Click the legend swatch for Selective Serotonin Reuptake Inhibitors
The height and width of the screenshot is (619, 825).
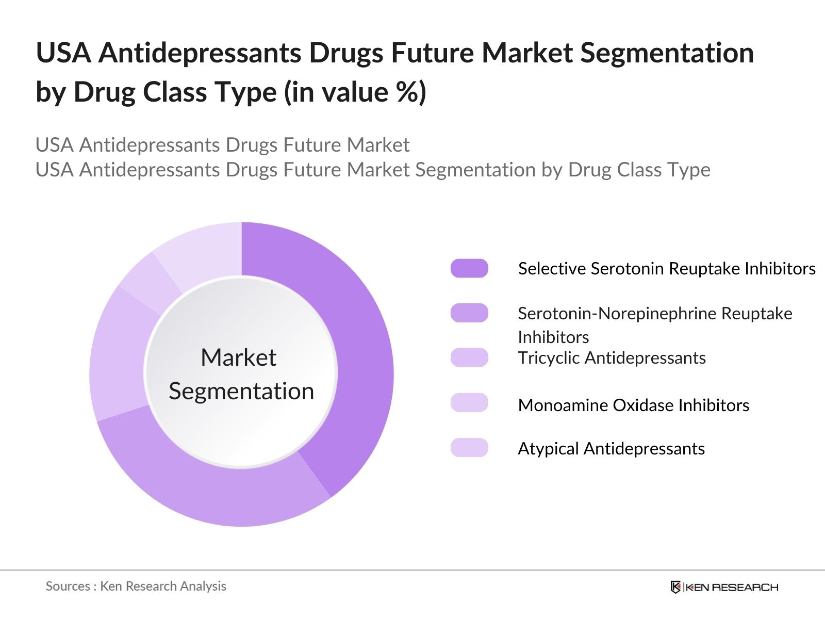point(469,268)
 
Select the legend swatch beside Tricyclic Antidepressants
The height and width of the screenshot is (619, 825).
point(469,357)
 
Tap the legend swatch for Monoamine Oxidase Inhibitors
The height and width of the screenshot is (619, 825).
point(469,403)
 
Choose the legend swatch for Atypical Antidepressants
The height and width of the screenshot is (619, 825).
point(469,448)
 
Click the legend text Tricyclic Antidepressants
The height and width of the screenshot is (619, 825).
point(612,358)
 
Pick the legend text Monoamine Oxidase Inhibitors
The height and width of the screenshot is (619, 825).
point(633,405)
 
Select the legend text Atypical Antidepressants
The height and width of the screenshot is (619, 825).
point(611,449)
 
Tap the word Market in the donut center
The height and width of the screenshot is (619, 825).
point(238,357)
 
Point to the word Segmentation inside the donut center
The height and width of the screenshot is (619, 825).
point(241,391)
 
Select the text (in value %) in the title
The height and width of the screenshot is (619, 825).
point(355,93)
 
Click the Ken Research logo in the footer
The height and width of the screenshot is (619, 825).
point(724,587)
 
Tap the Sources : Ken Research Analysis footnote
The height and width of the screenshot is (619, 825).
point(136,587)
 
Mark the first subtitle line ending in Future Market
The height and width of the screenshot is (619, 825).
point(222,145)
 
